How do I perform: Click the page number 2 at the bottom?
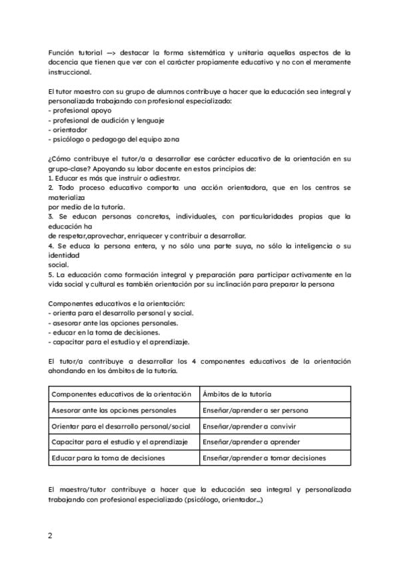[50, 535]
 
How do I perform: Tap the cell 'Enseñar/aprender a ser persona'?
[255, 410]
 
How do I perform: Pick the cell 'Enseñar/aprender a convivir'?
[249, 426]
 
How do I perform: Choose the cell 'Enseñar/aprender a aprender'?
[251, 442]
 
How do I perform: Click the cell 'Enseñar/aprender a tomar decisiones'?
[264, 458]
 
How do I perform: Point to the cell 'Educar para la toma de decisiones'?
[108, 458]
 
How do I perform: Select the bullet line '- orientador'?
[68, 130]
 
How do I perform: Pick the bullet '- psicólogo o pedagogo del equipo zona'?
[113, 139]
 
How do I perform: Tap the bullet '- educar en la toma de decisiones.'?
[104, 332]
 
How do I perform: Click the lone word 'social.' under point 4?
[59, 265]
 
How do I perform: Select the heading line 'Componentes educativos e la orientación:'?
[115, 304]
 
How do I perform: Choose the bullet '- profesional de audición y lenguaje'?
[107, 121]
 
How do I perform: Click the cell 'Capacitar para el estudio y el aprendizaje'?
[119, 442]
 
